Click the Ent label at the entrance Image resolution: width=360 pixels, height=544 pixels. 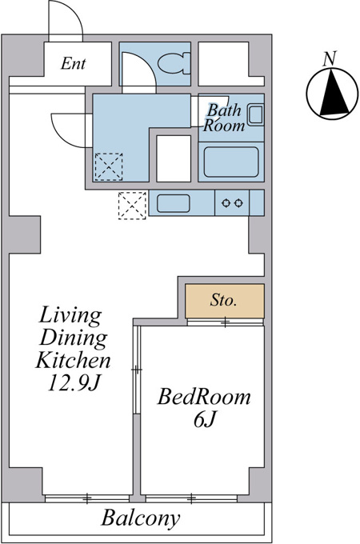click(x=73, y=63)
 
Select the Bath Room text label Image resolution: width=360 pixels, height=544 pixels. click(x=224, y=118)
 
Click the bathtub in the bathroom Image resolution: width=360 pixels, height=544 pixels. click(x=231, y=162)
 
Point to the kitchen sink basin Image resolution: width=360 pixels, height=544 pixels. click(x=174, y=203)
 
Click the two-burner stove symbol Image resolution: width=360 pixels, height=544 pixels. click(x=232, y=203)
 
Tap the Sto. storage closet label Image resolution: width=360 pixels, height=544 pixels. click(x=223, y=300)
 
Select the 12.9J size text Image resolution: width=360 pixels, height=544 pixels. click(x=74, y=383)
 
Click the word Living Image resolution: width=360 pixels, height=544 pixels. click(x=70, y=316)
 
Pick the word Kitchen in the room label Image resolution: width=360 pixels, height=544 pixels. click(x=73, y=360)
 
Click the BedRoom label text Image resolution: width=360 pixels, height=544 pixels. click(x=204, y=397)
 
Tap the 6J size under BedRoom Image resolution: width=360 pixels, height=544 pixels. click(x=205, y=420)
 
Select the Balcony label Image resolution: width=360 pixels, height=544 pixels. click(x=141, y=518)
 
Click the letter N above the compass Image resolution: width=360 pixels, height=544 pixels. click(x=330, y=58)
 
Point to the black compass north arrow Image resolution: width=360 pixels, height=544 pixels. click(x=334, y=92)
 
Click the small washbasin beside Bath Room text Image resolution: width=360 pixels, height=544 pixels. click(x=256, y=115)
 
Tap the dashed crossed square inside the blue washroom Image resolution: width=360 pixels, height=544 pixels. click(x=109, y=166)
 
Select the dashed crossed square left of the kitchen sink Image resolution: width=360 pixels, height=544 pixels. click(x=132, y=206)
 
